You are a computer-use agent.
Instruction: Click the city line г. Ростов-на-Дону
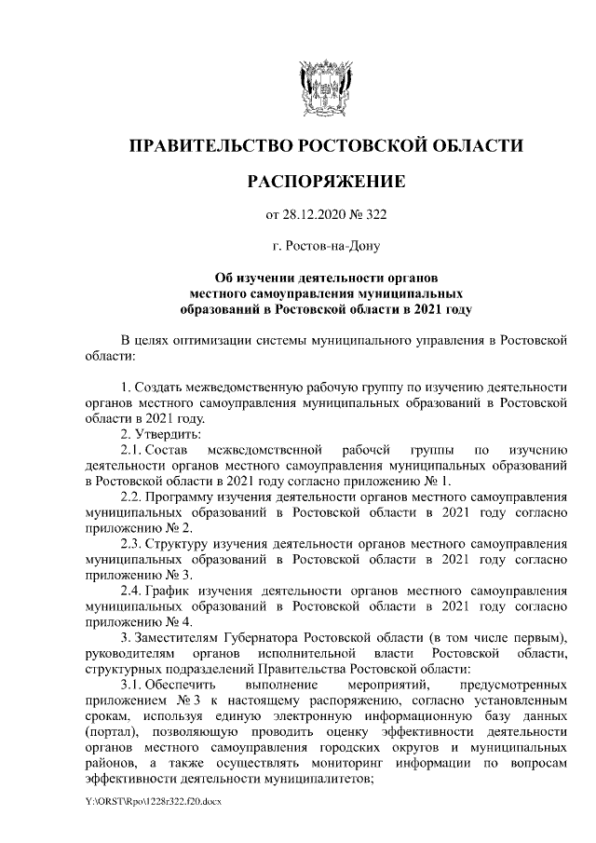pos(325,247)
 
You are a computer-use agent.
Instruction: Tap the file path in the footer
pos(151,800)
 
